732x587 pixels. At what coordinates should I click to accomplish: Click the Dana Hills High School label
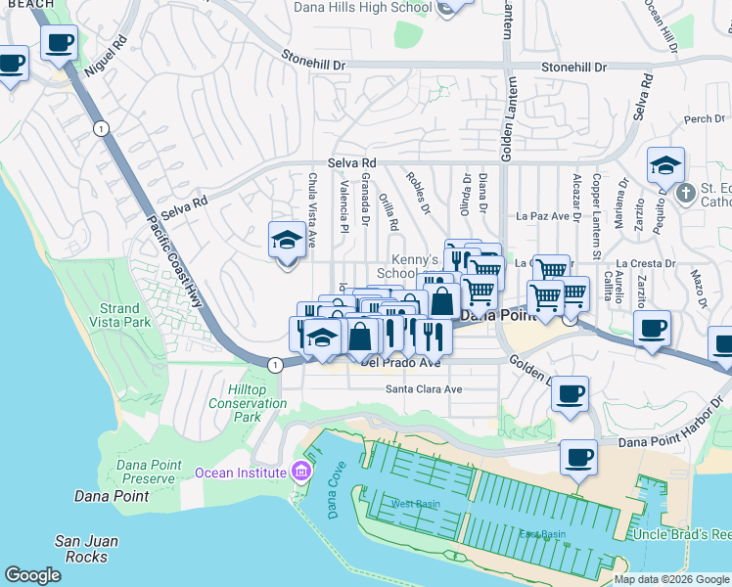[x=362, y=8]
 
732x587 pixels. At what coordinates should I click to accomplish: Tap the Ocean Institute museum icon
[x=300, y=473]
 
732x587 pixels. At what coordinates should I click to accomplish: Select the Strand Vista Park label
[x=125, y=315]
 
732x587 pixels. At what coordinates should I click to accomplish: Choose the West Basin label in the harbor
[x=416, y=504]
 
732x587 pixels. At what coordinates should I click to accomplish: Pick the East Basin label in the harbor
[x=542, y=534]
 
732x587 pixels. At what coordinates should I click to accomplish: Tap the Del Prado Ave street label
[x=400, y=362]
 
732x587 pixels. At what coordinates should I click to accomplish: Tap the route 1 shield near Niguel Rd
[x=100, y=128]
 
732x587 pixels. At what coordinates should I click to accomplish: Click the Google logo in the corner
[x=32, y=575]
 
